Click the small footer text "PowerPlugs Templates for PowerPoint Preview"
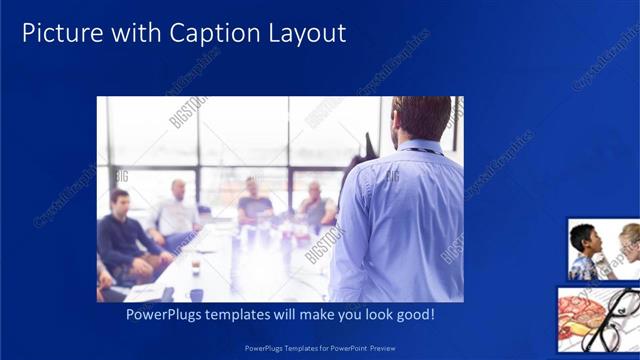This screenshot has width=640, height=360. pyautogui.click(x=320, y=348)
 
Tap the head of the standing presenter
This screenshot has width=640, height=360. pyautogui.click(x=420, y=118)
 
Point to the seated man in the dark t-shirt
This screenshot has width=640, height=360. pyautogui.click(x=253, y=204)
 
